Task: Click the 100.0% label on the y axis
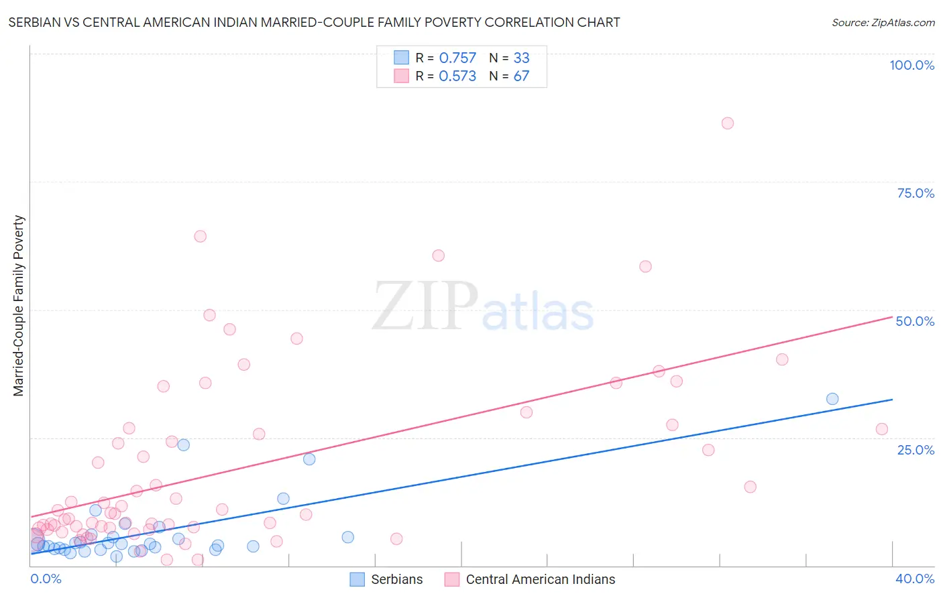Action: (911, 65)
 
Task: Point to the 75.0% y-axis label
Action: (916, 193)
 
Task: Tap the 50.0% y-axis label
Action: (915, 321)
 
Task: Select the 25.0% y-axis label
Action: (916, 449)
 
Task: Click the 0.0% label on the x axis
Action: (46, 579)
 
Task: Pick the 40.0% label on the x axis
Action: (914, 579)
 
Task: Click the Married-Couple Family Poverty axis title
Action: (19, 306)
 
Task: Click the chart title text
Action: (314, 22)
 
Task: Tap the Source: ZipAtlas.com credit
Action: (883, 22)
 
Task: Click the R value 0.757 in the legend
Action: (457, 58)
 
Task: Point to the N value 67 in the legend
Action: (521, 76)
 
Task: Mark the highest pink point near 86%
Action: (728, 123)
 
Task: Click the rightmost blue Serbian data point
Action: (832, 399)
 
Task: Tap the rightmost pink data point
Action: (882, 429)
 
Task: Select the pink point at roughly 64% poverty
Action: (200, 236)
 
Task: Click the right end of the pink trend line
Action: (893, 317)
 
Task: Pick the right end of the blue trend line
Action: (893, 400)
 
